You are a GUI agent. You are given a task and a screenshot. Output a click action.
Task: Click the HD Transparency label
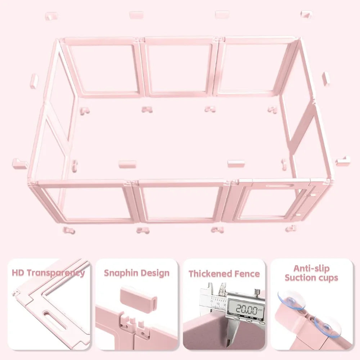click(48, 273)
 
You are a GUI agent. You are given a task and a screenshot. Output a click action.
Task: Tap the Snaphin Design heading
click(136, 273)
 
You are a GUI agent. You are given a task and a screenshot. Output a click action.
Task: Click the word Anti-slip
click(311, 269)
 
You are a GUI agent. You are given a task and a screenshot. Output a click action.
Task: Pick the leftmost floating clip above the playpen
click(51, 16)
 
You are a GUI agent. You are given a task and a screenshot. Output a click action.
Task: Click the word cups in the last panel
click(326, 278)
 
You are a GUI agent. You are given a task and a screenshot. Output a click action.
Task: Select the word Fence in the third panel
click(247, 274)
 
